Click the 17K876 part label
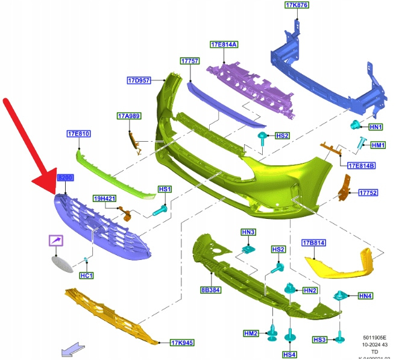(297, 5)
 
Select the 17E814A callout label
(224, 45)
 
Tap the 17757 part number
(189, 61)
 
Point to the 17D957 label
(139, 80)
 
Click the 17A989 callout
(128, 115)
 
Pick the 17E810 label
(78, 133)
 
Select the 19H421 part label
(104, 198)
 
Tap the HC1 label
(86, 276)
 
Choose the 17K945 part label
(182, 343)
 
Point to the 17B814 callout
(313, 243)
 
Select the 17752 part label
(368, 193)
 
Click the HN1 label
(376, 127)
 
